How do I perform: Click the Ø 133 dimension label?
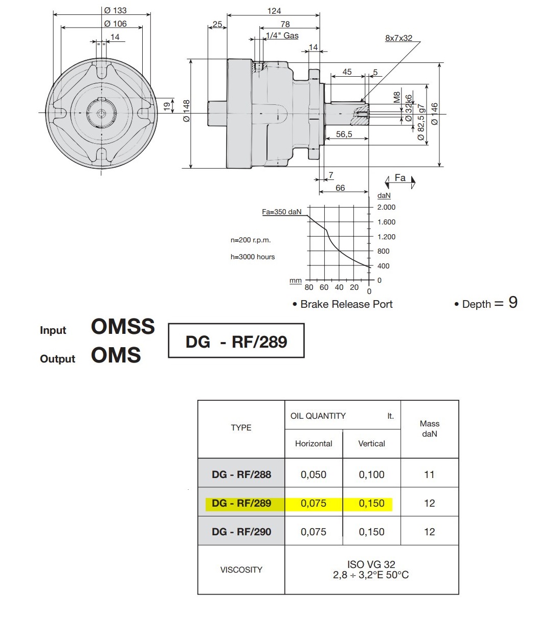click(x=115, y=10)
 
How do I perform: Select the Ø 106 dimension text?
click(x=115, y=24)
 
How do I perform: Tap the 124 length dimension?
click(x=274, y=11)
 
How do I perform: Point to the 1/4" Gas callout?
click(x=282, y=36)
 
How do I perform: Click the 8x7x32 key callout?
click(x=398, y=38)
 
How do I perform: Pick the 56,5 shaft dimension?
click(x=344, y=134)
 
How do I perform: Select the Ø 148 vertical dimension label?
click(x=186, y=111)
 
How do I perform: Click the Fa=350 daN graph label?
click(x=282, y=212)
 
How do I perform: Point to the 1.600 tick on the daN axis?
click(x=386, y=222)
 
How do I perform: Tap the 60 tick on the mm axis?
click(x=324, y=287)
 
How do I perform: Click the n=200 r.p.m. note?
click(x=251, y=240)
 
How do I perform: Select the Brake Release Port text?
click(x=346, y=304)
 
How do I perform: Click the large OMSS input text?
click(x=123, y=326)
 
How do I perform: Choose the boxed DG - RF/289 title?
click(x=236, y=342)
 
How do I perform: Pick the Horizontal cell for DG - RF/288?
click(x=314, y=474)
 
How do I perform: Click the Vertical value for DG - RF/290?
click(x=371, y=532)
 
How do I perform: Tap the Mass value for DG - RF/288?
click(x=429, y=474)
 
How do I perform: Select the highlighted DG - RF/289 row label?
click(x=241, y=503)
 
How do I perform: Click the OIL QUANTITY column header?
click(x=318, y=416)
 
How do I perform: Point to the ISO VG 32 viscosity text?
click(x=371, y=564)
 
